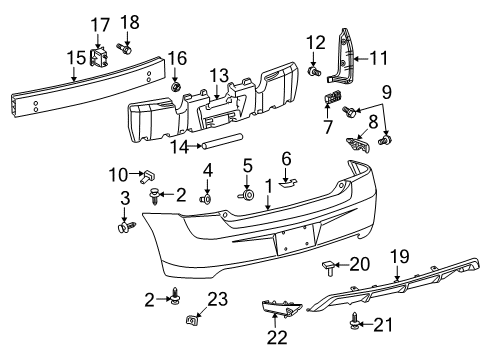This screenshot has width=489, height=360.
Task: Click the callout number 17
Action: pyautogui.click(x=102, y=24)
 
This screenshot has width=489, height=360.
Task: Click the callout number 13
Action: pyautogui.click(x=219, y=75)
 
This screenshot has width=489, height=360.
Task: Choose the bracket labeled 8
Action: pyautogui.click(x=355, y=143)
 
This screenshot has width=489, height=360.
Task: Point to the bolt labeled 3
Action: pyautogui.click(x=125, y=226)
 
